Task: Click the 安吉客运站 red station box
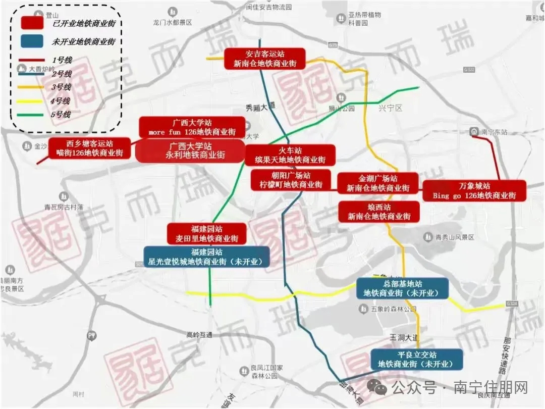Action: click(x=265, y=59)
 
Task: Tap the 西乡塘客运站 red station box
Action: click(x=89, y=148)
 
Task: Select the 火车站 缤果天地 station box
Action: click(x=290, y=155)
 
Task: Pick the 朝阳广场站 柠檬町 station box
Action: click(x=287, y=180)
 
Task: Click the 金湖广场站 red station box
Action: click(x=378, y=183)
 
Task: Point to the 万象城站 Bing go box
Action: click(x=474, y=191)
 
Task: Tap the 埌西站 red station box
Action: click(x=379, y=212)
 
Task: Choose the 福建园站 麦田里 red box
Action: click(x=207, y=234)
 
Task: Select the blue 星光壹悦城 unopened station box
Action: click(x=206, y=257)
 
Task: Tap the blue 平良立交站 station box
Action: click(x=416, y=359)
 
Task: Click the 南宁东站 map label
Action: click(x=494, y=132)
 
